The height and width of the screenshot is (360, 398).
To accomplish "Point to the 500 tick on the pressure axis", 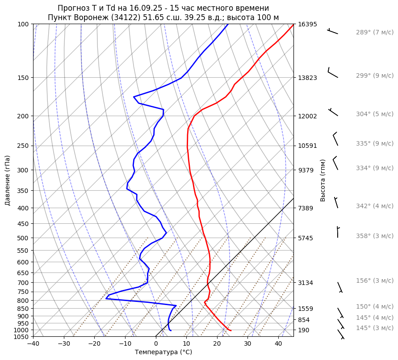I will coord(24,238).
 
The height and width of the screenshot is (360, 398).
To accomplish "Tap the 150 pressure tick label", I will coord(24,78).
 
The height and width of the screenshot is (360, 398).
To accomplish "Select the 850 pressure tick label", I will coord(24,309).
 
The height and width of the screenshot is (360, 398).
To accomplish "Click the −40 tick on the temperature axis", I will coord(33,344).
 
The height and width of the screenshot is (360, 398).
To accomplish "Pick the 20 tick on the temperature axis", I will coord(217,344).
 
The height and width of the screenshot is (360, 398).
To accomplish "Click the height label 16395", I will coord(307,24).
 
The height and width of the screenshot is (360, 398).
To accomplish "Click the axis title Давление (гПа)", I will coord(8,180).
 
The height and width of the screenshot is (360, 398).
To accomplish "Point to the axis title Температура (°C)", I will coord(163,352).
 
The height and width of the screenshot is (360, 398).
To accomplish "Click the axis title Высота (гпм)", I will coord(323,180).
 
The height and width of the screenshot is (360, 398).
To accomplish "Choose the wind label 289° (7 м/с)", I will coord(374,33).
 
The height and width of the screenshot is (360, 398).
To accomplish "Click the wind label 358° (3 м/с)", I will coord(374,236).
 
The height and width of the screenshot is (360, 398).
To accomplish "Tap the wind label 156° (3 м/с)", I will coord(374,280).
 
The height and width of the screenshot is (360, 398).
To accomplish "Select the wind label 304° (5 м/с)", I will coord(374,114).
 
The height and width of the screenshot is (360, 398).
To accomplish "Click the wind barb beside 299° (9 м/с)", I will coord(333,73).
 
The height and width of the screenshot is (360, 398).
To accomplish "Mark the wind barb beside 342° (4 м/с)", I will coord(336,203).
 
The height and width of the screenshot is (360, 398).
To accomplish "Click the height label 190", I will coord(304,330).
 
